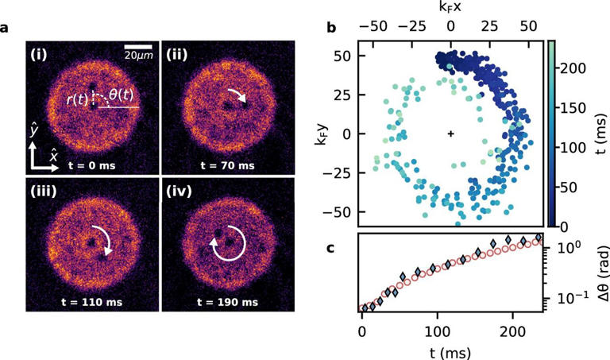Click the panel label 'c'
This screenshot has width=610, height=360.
(x=331, y=247)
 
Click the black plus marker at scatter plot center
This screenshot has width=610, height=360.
(x=450, y=134)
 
